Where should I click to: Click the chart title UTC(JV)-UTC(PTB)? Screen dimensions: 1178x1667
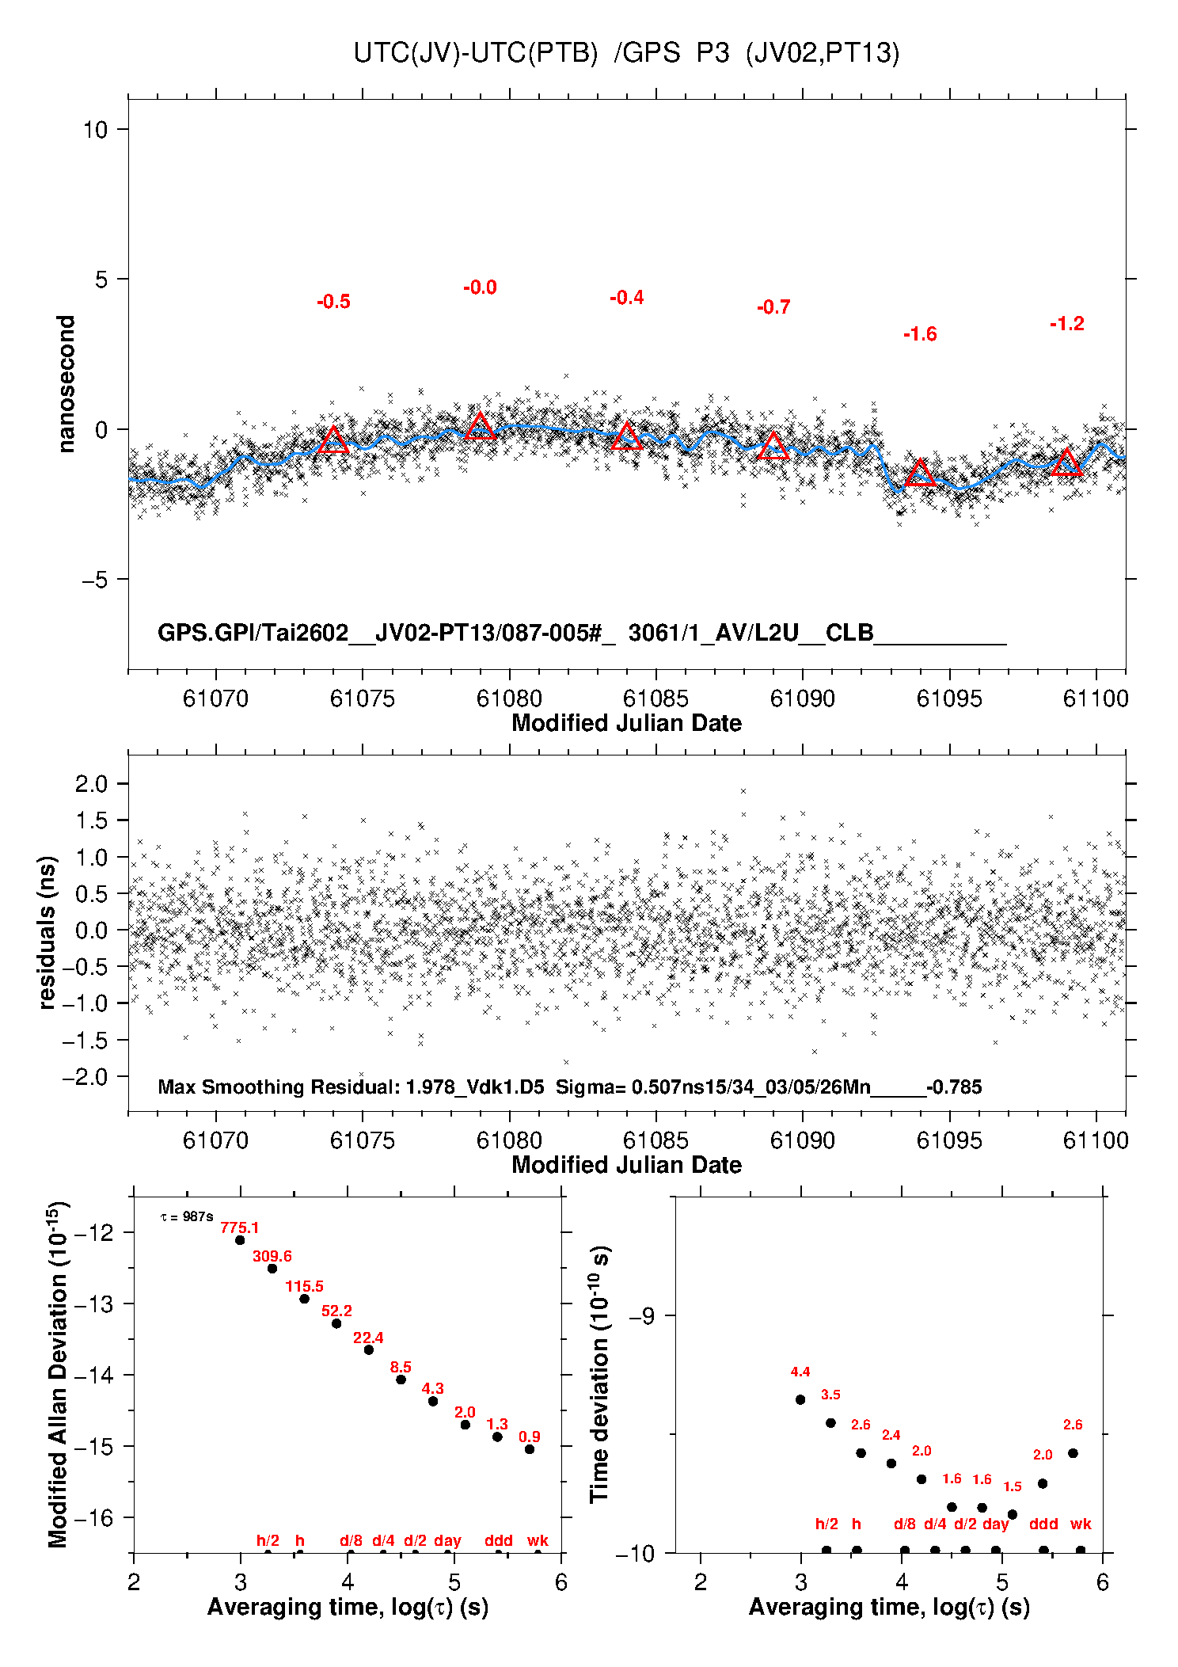coord(476,53)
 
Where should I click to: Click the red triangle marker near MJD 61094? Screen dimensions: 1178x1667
coord(920,473)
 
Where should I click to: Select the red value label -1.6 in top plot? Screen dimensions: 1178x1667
coord(920,334)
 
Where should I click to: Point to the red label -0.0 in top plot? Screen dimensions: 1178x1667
coord(480,287)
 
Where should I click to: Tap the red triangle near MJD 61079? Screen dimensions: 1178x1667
coord(480,426)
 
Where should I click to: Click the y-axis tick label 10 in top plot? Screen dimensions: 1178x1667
coord(95,129)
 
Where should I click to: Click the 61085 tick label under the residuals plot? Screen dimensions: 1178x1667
coord(655,1140)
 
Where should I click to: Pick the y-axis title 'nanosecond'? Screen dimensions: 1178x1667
coord(66,384)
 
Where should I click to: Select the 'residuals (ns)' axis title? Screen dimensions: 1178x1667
coord(47,932)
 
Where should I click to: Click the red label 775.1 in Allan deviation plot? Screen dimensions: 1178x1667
coord(239,1228)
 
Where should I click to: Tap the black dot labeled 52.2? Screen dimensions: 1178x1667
coord(336,1323)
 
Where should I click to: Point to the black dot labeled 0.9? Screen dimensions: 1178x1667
coord(530,1449)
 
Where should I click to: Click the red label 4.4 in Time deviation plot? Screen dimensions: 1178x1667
coord(800,1372)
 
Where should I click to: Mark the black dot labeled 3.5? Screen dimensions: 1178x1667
coord(830,1423)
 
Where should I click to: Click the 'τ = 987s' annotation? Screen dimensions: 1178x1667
coord(187,1216)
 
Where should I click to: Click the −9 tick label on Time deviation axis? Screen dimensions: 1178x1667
coord(641,1316)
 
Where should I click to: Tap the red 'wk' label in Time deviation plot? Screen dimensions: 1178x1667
coord(1081,1524)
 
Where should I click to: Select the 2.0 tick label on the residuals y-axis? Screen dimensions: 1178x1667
coord(91,784)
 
